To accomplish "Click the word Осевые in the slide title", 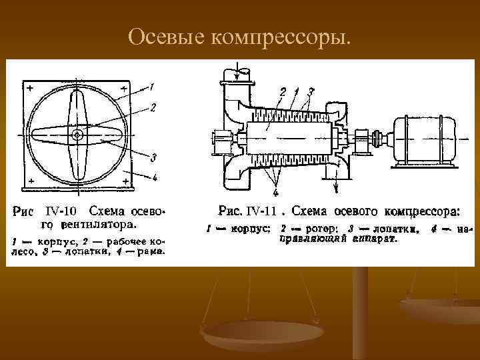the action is point(166,37).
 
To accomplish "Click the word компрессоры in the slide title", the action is point(280,39).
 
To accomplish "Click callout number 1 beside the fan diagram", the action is point(153,85).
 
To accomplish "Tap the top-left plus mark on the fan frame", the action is point(29,88).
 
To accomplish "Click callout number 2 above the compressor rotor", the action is point(283,91).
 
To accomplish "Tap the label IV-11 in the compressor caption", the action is point(261,212).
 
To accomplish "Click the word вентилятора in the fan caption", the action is point(99,224).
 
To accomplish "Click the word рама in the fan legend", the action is point(151,251).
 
